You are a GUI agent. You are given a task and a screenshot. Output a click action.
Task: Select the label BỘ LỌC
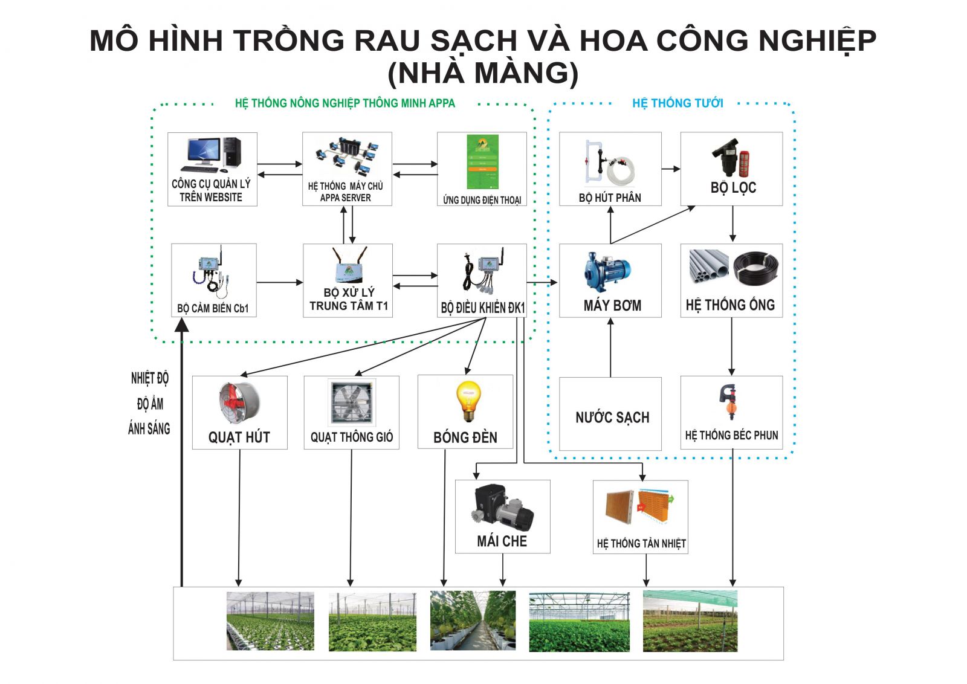(733, 188)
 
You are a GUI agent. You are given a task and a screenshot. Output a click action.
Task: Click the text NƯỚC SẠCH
(612, 418)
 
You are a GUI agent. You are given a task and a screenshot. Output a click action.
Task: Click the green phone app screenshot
(482, 162)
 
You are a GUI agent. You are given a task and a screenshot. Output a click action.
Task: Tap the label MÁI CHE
(502, 541)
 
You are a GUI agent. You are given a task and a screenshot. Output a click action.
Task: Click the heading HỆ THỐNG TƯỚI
(678, 103)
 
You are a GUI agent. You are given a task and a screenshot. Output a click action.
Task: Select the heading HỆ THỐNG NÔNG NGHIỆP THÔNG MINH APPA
(345, 103)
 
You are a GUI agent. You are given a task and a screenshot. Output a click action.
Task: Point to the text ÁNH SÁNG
(149, 428)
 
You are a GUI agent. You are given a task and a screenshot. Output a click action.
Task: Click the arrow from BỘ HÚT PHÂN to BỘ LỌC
(671, 169)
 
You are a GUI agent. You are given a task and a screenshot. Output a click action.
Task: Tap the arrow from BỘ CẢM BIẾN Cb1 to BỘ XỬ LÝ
(280, 283)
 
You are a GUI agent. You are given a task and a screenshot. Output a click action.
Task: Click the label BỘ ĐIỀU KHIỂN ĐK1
(483, 308)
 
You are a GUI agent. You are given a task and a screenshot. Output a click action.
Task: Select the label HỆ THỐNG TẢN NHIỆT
(641, 543)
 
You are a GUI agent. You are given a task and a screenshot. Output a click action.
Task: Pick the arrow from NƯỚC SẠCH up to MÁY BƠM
(610, 347)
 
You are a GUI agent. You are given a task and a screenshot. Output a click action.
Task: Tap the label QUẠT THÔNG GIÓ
(351, 437)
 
